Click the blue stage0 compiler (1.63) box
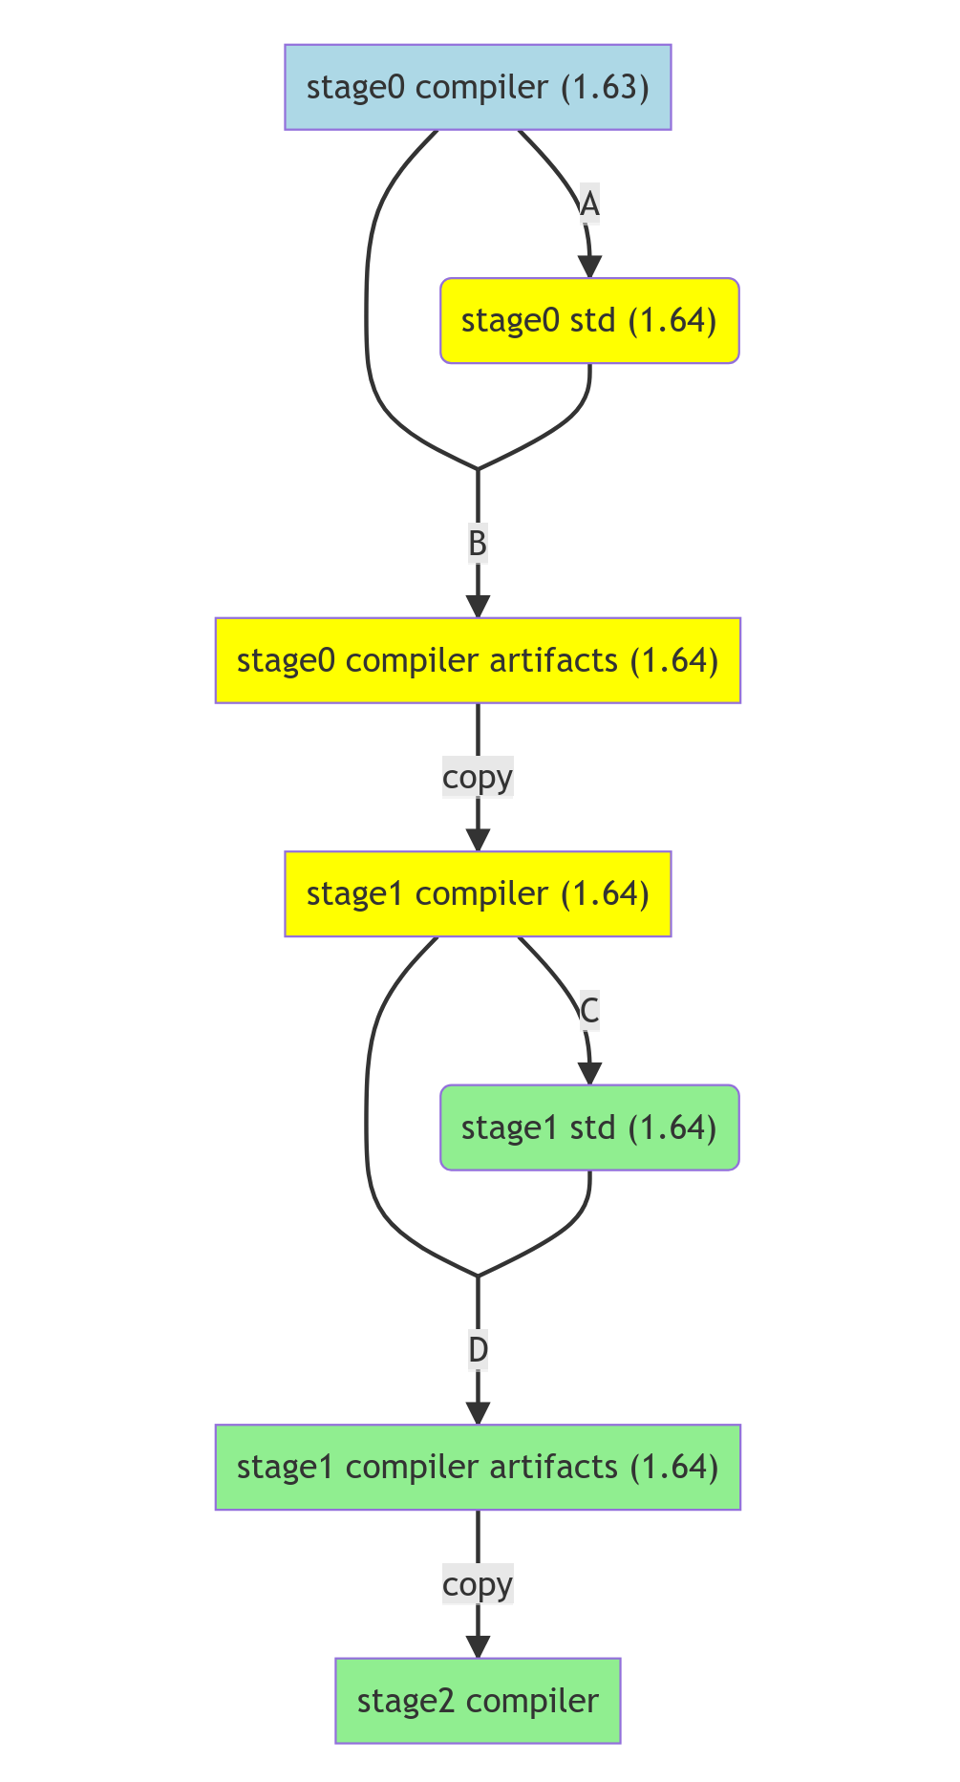click(x=478, y=88)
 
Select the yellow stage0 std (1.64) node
click(x=589, y=321)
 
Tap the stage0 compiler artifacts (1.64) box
click(x=478, y=660)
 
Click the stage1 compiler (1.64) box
click(x=478, y=893)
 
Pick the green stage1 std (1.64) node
click(x=589, y=1127)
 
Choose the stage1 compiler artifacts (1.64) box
click(x=478, y=1467)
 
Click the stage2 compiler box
click(x=478, y=1701)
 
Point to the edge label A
click(x=589, y=204)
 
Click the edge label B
click(x=478, y=544)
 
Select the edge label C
click(x=589, y=1011)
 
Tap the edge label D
click(x=478, y=1350)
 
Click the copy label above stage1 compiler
click(x=478, y=777)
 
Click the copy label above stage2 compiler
click(x=478, y=1584)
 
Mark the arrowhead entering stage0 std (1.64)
click(x=590, y=268)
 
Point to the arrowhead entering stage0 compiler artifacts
click(x=478, y=607)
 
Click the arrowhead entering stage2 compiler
click(x=478, y=1647)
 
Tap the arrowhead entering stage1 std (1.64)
click(x=590, y=1074)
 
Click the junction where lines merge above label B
click(x=478, y=469)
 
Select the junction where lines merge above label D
click(x=478, y=1276)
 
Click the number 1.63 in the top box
click(x=605, y=88)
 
